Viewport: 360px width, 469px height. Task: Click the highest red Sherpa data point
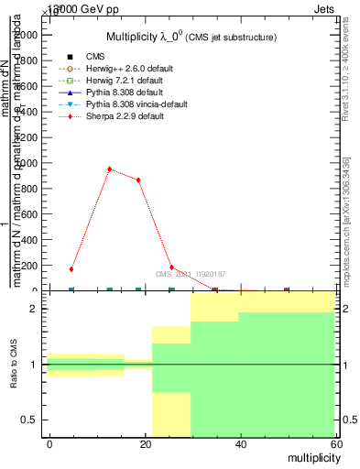tap(109, 169)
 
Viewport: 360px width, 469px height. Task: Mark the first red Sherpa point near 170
tap(71, 269)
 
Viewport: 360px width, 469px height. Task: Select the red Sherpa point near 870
tap(138, 180)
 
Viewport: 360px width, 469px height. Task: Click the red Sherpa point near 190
tap(171, 267)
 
